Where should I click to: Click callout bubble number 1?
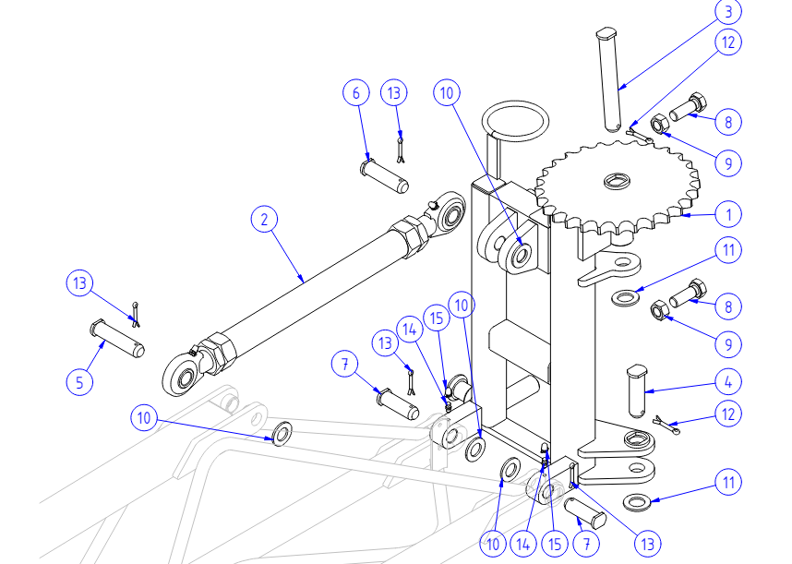click(x=729, y=214)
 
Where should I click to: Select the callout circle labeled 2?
click(x=265, y=220)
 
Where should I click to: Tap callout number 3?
click(x=729, y=13)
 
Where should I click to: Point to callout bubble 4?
click(x=729, y=380)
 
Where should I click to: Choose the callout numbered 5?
click(x=79, y=381)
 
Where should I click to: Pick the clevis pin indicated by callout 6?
click(x=384, y=175)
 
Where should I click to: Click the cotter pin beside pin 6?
click(x=400, y=148)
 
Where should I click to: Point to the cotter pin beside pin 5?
click(x=137, y=314)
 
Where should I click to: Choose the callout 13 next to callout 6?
click(x=395, y=93)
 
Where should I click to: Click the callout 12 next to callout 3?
click(x=729, y=42)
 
